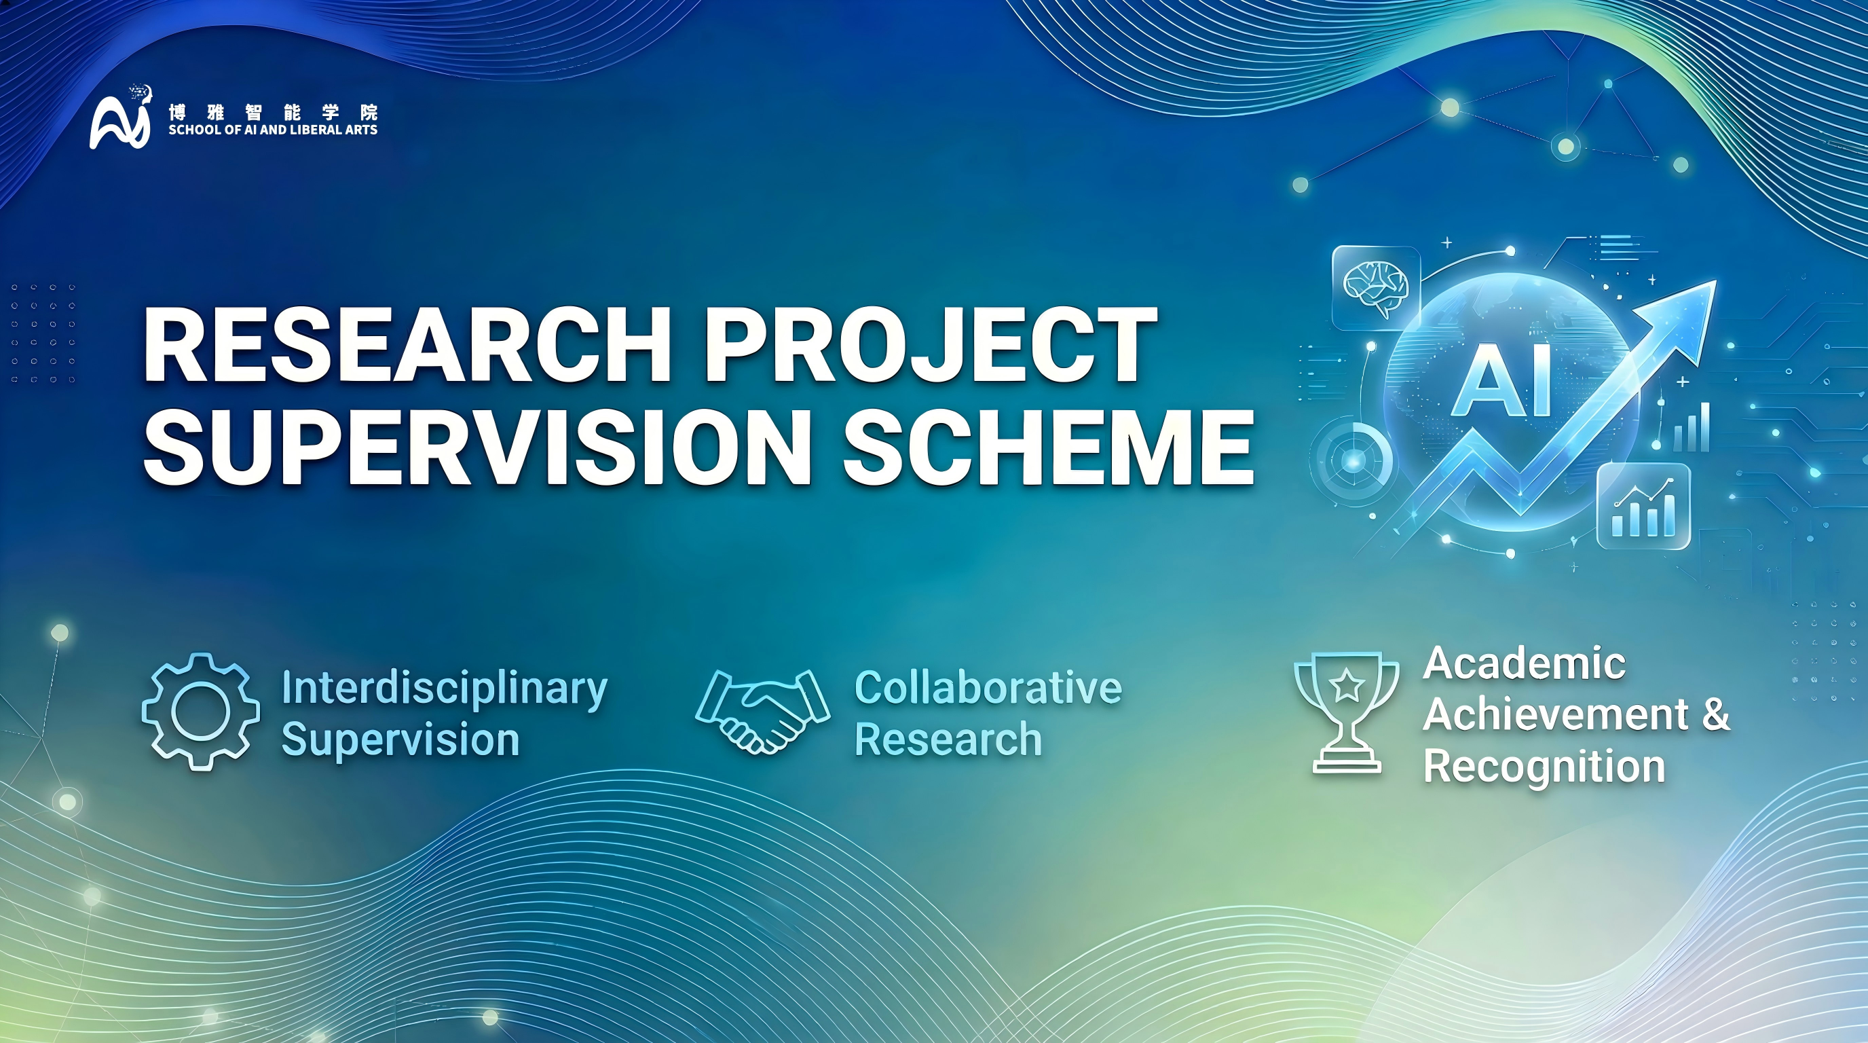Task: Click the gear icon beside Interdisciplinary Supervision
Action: pos(201,711)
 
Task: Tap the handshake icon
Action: pos(763,712)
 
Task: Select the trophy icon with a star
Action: pos(1347,712)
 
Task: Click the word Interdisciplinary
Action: pos(444,689)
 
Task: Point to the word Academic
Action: pos(1525,663)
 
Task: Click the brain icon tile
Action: pos(1376,288)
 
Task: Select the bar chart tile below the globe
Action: pos(1644,506)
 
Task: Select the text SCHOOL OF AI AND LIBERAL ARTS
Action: pos(273,130)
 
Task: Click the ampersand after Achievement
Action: pos(1716,714)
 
